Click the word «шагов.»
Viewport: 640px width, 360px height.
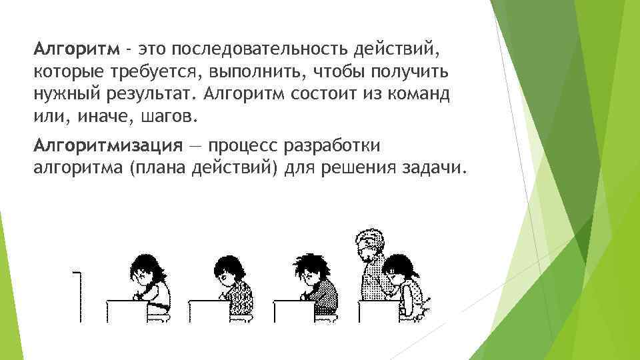tap(167, 117)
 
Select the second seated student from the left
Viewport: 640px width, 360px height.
tap(231, 283)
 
